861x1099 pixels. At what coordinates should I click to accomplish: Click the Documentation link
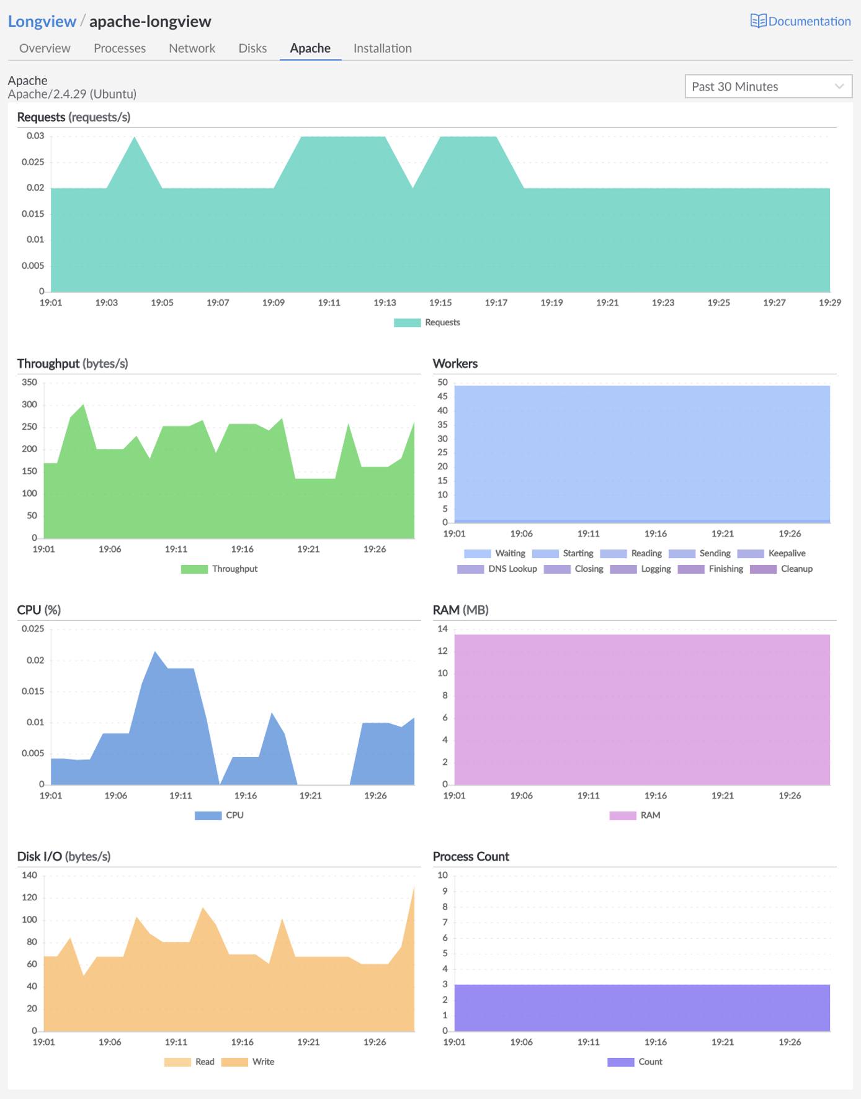pyautogui.click(x=801, y=21)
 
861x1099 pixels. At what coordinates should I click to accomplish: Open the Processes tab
pyautogui.click(x=120, y=48)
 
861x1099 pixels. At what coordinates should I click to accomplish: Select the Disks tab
pyautogui.click(x=252, y=48)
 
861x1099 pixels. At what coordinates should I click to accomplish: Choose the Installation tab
pyautogui.click(x=382, y=48)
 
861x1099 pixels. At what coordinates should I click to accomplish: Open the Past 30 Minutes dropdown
pyautogui.click(x=768, y=86)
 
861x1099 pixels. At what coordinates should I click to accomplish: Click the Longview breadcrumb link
pyautogui.click(x=42, y=21)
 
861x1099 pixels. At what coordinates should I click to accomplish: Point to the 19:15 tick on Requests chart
pyautogui.click(x=440, y=303)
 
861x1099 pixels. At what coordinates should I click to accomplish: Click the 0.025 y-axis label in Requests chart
pyautogui.click(x=33, y=162)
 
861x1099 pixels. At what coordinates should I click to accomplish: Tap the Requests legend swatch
pyautogui.click(x=408, y=322)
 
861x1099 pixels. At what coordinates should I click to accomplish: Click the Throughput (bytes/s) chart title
pyautogui.click(x=73, y=364)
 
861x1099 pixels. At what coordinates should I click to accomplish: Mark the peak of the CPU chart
pyautogui.click(x=154, y=652)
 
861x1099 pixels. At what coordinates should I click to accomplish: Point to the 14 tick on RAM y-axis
pyautogui.click(x=442, y=629)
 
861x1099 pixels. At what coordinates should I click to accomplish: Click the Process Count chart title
pyautogui.click(x=471, y=857)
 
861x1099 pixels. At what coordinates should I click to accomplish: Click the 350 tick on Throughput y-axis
pyautogui.click(x=29, y=382)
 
